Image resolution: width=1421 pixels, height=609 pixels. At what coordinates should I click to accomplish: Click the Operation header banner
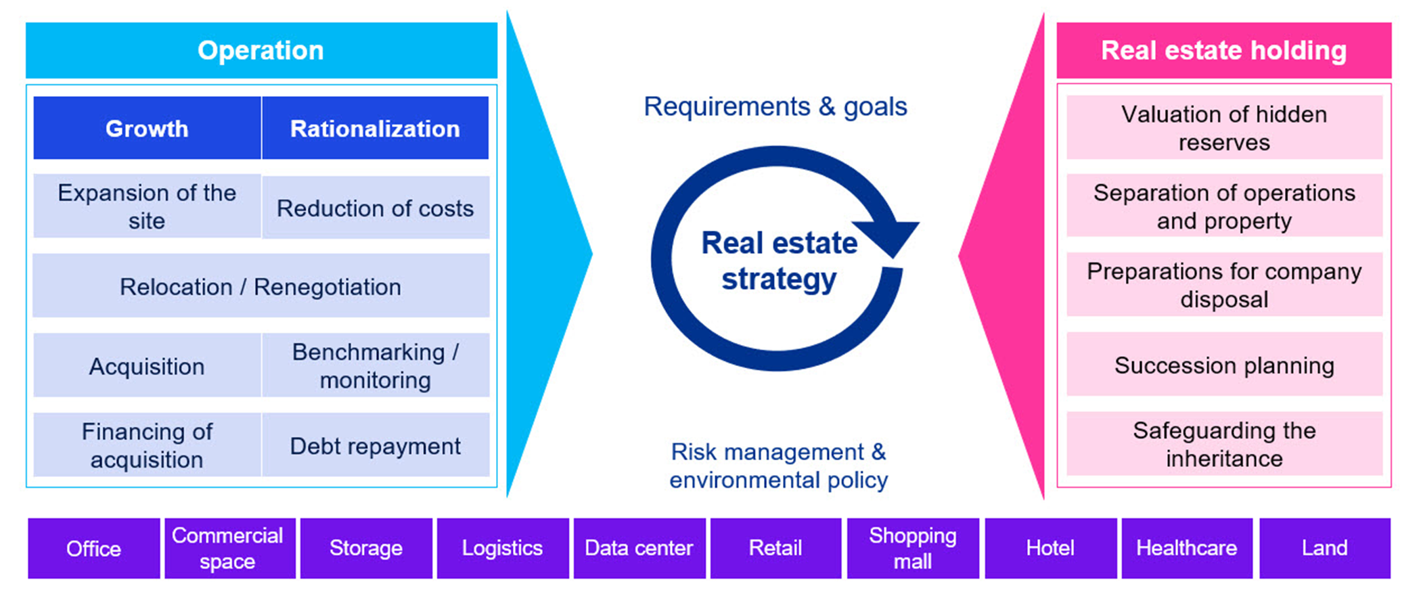coord(261,51)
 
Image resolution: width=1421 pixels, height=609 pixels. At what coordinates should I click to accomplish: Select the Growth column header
coord(147,129)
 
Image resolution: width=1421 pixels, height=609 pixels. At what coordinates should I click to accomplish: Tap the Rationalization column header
coord(375,129)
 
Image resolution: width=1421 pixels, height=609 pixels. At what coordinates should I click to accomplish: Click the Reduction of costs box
coord(375,208)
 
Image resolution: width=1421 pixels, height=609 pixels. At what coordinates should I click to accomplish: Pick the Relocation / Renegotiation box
coord(261,286)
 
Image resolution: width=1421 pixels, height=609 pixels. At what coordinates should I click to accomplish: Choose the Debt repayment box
coord(375,445)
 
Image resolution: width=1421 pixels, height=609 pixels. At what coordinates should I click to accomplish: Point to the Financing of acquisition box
coord(147,445)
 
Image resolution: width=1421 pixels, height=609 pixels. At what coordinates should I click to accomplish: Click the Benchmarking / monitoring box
coord(375,365)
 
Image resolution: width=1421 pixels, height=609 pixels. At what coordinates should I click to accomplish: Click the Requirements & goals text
coord(775,107)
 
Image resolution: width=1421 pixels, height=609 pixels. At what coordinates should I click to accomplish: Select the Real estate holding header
coord(1223,51)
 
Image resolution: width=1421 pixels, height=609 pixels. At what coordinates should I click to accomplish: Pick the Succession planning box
coord(1224,365)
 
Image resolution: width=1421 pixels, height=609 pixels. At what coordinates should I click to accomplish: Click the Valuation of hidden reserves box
coord(1224,128)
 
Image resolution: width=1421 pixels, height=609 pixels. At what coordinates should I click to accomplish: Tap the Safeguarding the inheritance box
coord(1224,444)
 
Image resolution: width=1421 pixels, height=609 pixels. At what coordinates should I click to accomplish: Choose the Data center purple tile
coord(639,548)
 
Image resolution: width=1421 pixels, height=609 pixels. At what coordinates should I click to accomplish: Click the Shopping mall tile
coord(912,548)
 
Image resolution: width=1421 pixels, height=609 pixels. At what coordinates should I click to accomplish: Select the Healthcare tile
coord(1186,548)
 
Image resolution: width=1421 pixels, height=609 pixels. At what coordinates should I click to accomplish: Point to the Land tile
coord(1324,548)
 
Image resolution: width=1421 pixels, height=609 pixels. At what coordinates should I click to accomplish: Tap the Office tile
coord(93,548)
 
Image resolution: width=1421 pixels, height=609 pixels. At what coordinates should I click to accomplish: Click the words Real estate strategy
coord(779,261)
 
